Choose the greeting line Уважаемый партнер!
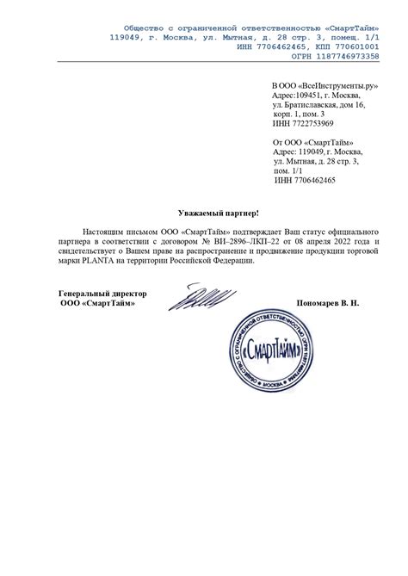pyautogui.click(x=218, y=211)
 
